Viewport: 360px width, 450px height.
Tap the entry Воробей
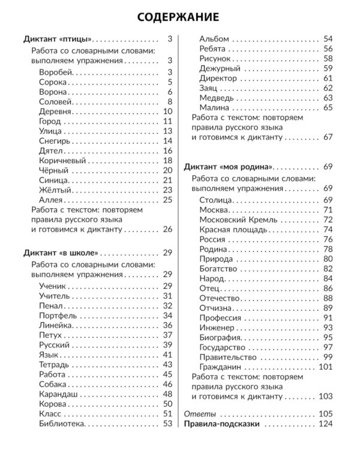(x=56, y=72)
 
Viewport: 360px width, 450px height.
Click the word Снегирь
(x=55, y=140)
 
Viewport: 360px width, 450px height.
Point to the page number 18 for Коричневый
(x=167, y=161)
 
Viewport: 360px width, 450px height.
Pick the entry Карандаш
(x=59, y=394)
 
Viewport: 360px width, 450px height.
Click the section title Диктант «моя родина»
(x=229, y=167)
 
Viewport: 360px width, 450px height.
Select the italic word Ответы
(x=199, y=414)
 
